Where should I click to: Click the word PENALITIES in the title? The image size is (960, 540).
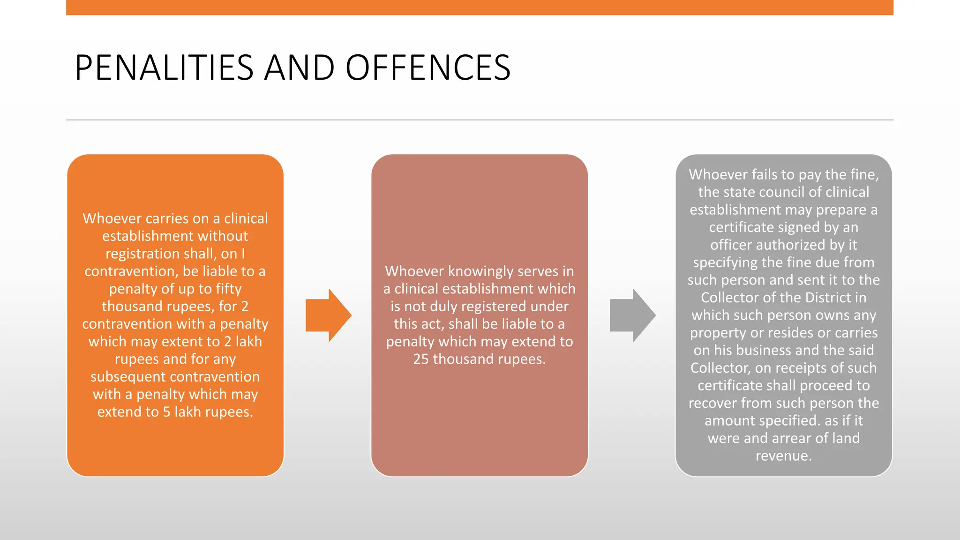click(x=164, y=68)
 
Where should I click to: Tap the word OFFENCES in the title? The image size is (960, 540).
click(x=427, y=68)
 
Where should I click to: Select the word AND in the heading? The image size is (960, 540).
click(x=299, y=68)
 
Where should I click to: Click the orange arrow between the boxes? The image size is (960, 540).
click(x=328, y=315)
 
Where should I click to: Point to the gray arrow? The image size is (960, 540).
click(x=632, y=315)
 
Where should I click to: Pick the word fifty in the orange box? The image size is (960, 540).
click(x=229, y=289)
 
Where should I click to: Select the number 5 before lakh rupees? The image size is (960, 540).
click(x=166, y=412)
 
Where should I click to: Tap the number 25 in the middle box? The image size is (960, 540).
click(x=420, y=360)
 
